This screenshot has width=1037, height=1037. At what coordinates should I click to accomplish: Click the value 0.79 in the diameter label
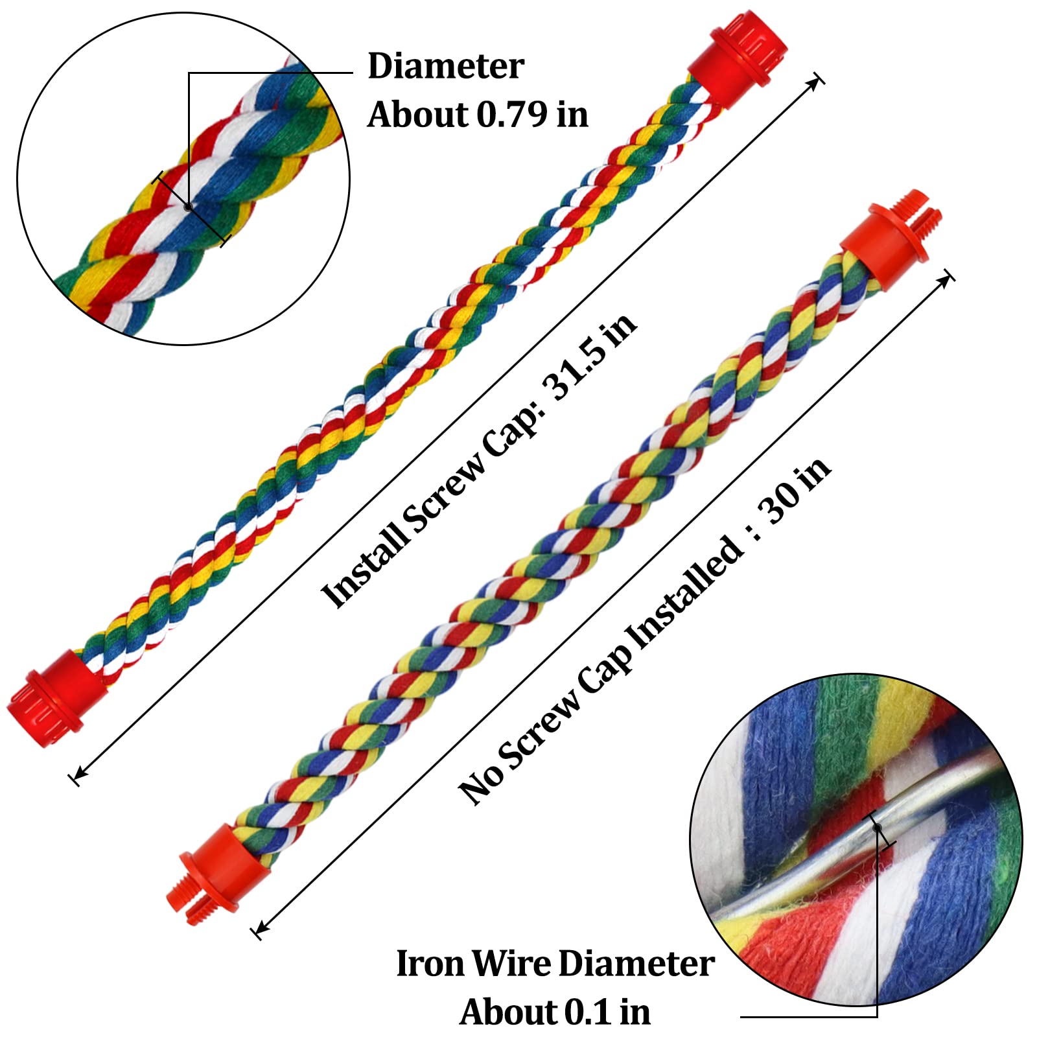[511, 115]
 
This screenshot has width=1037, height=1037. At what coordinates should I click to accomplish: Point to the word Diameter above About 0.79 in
[446, 66]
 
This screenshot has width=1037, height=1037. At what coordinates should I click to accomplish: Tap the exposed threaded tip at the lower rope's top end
[924, 208]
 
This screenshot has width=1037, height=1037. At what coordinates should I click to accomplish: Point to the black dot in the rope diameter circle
[188, 207]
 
